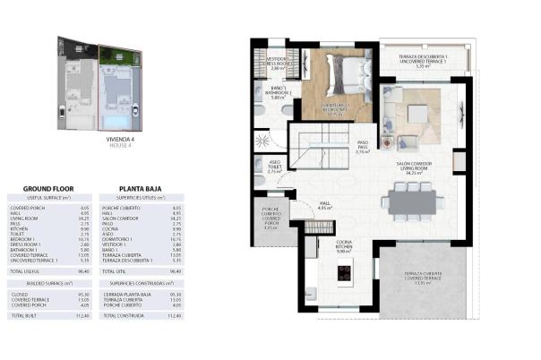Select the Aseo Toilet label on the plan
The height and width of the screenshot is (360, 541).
pos(274,167)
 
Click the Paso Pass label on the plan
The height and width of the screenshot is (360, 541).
pos(363,147)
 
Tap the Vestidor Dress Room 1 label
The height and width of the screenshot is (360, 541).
pos(280,63)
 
